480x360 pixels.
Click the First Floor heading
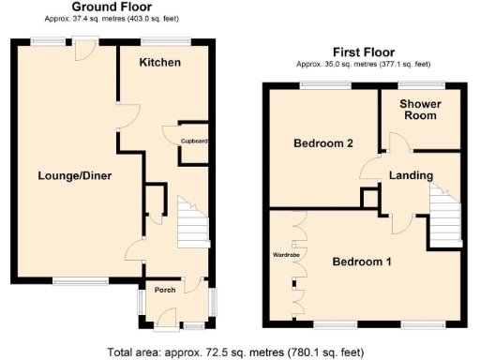click(x=363, y=52)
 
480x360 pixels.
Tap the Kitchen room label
click(x=159, y=62)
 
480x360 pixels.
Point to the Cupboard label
click(x=194, y=141)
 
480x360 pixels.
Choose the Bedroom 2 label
click(x=322, y=143)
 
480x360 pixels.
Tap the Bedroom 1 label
click(x=362, y=262)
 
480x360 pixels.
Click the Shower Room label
click(x=420, y=110)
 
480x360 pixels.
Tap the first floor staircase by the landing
click(x=444, y=211)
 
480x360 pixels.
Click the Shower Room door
click(x=397, y=142)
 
